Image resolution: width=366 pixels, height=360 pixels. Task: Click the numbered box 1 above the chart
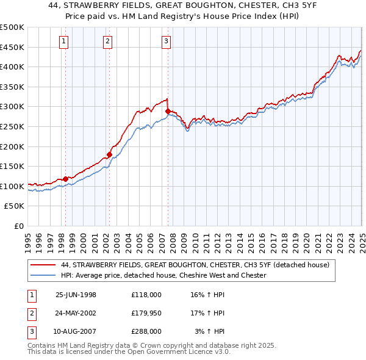[x=64, y=41]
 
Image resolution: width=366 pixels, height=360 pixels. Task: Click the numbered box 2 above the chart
[x=107, y=41]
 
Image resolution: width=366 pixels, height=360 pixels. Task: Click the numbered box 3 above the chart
[x=166, y=41]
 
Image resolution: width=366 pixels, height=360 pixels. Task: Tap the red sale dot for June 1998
[x=66, y=179]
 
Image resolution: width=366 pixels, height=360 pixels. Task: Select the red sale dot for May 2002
[x=110, y=154]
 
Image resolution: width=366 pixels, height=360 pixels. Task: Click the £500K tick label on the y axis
[x=12, y=27]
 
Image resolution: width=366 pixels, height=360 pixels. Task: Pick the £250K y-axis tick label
[x=12, y=126]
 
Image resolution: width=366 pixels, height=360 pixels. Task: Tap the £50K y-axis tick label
[x=15, y=206]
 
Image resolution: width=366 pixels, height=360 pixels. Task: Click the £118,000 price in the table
[x=146, y=295]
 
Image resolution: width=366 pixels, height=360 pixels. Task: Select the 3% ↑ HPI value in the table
[x=210, y=331]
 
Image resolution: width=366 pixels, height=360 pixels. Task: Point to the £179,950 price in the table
[x=146, y=313]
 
